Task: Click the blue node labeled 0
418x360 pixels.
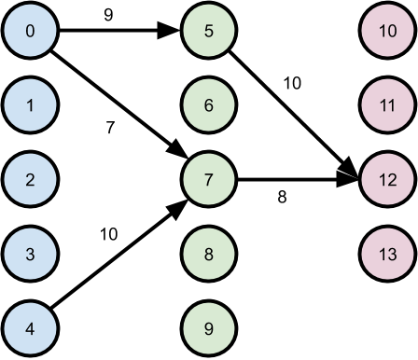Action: (31, 31)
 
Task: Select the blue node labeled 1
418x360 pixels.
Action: (31, 104)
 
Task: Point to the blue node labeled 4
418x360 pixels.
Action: (31, 327)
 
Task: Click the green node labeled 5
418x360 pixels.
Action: (208, 31)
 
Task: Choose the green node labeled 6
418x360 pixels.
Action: (208, 104)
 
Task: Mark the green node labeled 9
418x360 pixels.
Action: (208, 327)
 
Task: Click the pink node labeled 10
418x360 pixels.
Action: (387, 31)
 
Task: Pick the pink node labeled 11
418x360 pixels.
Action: (387, 104)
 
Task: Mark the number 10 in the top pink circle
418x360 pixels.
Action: (387, 31)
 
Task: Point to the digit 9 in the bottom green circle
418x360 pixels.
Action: (208, 327)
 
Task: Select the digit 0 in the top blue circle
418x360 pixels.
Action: (31, 31)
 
